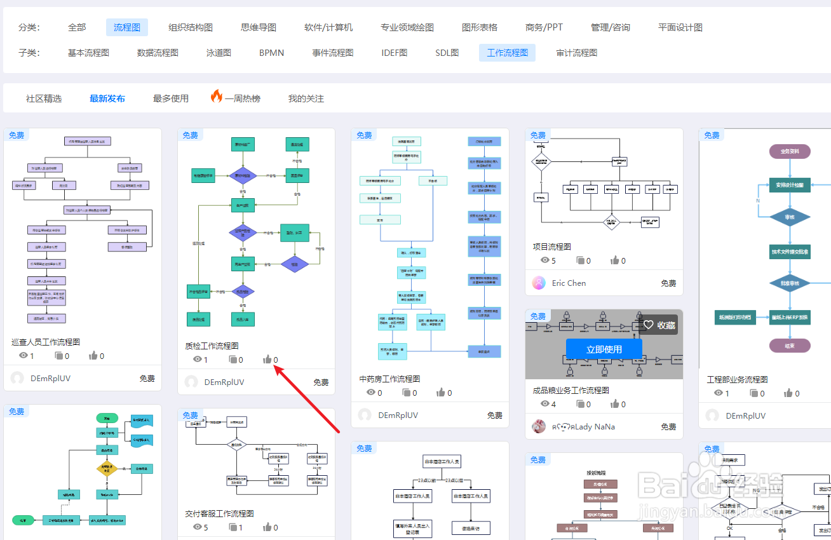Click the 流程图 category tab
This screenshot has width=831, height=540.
pos(127,27)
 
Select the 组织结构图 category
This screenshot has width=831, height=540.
pos(191,27)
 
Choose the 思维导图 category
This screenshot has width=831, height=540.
pos(259,27)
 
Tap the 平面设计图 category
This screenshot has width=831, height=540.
pos(680,27)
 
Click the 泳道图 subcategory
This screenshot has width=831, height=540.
pos(219,53)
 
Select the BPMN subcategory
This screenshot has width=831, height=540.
pos(271,53)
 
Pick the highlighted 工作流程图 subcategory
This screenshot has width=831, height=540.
pos(507,53)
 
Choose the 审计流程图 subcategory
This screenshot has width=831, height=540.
pos(576,53)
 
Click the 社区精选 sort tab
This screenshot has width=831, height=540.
pos(44,98)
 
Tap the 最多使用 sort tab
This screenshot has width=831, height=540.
pos(171,98)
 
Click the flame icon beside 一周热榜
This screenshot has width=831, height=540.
pos(217,97)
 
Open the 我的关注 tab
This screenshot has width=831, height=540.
pos(306,98)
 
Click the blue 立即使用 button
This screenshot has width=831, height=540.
pos(604,349)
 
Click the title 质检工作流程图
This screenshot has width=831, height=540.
pos(212,346)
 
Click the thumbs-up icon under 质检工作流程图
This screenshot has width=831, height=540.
pos(267,360)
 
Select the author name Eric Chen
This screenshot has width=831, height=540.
pos(569,283)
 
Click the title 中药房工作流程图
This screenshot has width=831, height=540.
pos(389,379)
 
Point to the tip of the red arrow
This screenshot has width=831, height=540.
pos(274,367)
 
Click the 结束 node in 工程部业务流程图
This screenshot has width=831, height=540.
pos(790,346)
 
